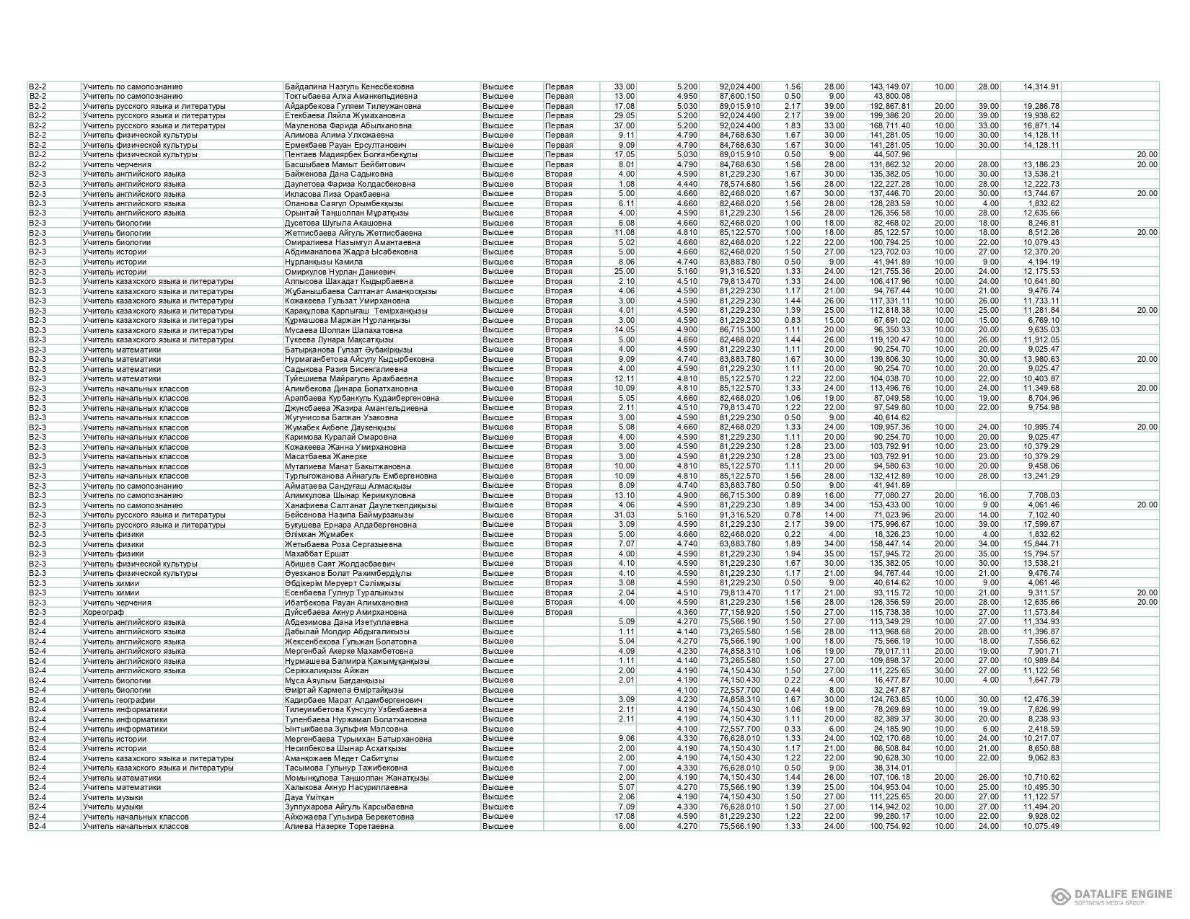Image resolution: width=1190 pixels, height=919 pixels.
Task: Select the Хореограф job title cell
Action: tap(104, 612)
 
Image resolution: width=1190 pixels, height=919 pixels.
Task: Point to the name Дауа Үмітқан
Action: tap(309, 796)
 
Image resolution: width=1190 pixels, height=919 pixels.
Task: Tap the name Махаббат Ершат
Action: tap(317, 554)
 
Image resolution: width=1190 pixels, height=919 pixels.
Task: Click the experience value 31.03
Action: tap(624, 515)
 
